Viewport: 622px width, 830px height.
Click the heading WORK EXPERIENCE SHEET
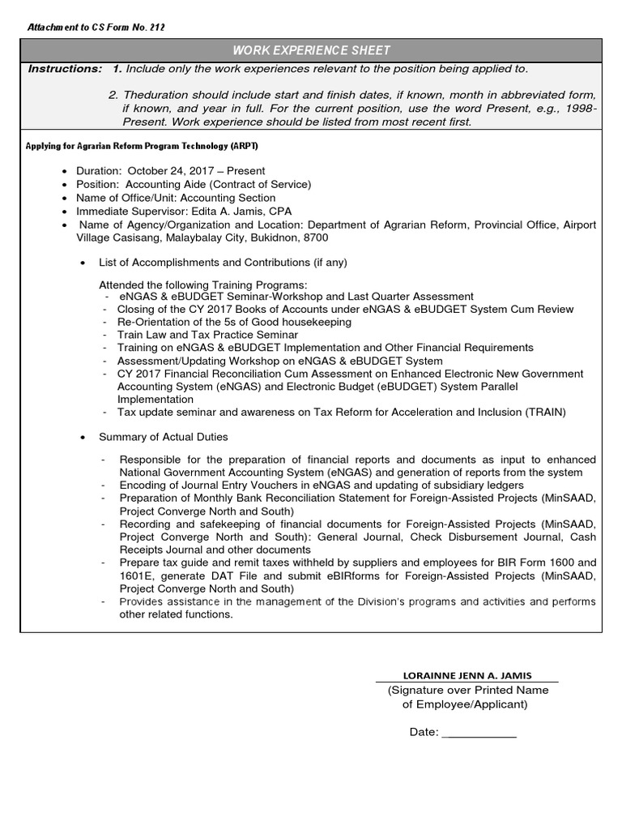311,49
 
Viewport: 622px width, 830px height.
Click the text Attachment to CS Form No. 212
96,28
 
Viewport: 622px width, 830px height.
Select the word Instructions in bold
65,69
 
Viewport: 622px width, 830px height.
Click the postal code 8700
313,237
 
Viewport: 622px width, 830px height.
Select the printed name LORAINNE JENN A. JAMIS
467,676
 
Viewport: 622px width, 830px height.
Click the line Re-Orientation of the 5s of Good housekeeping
234,322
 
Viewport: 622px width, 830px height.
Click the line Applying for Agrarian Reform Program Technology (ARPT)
143,146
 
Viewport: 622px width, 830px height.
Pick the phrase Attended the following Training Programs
203,285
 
